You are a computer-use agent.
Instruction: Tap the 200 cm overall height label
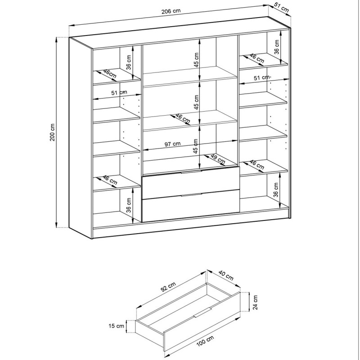52,132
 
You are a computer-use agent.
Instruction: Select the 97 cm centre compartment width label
173,144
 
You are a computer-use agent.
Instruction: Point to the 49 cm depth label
218,159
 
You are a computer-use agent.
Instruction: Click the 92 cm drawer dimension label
168,287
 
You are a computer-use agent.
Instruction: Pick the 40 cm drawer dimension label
226,275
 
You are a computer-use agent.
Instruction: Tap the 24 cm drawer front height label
255,302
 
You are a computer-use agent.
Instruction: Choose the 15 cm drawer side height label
116,326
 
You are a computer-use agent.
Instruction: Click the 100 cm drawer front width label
205,341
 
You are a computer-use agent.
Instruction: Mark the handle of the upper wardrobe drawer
191,172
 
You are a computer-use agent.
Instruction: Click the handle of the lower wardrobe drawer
191,195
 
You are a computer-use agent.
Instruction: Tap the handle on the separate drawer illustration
202,312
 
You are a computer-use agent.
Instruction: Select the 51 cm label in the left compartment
119,93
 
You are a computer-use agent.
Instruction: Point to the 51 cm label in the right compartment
261,77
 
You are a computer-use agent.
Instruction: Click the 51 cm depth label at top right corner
281,9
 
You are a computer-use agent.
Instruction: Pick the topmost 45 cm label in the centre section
196,60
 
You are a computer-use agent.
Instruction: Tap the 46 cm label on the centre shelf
183,118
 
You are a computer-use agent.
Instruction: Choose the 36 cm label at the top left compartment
129,62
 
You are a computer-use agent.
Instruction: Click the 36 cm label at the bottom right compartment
276,189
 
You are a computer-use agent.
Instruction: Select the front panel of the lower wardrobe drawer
191,206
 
